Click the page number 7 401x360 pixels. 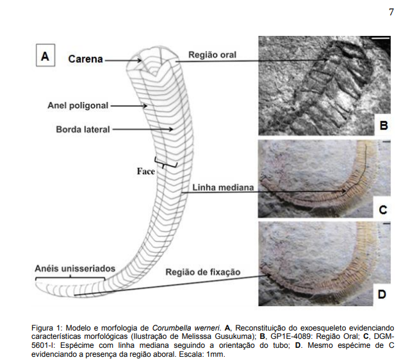391,12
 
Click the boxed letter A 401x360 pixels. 45,56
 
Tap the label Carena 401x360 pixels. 86,60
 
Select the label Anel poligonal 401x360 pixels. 78,105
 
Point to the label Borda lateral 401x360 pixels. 83,129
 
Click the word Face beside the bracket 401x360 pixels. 146,172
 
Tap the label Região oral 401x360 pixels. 212,55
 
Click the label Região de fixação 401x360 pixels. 203,272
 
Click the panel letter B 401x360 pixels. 382,126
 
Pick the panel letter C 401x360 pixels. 382,209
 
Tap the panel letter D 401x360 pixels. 382,295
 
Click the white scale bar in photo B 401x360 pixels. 380,40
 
